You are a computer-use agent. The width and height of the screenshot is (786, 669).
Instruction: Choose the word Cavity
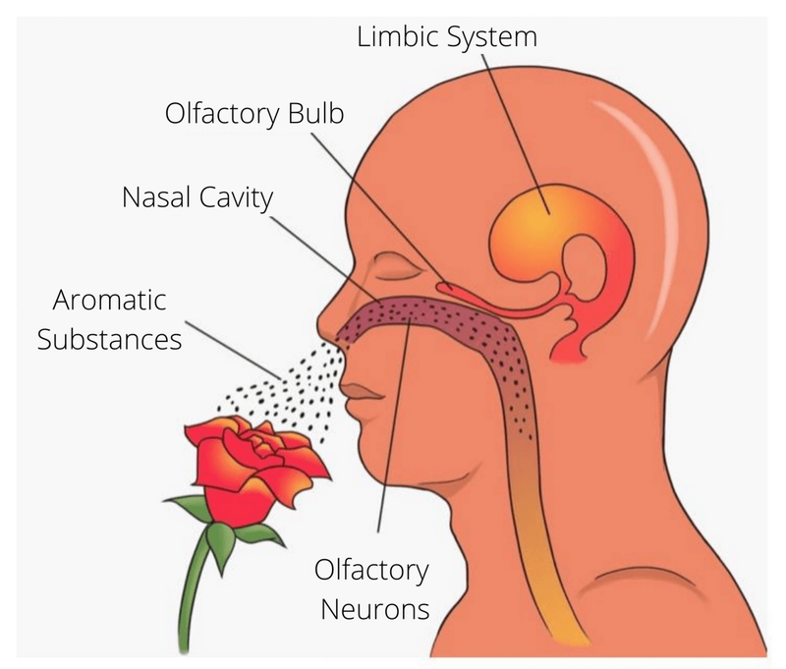click(237, 197)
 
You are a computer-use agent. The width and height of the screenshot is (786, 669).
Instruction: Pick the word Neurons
click(372, 608)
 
